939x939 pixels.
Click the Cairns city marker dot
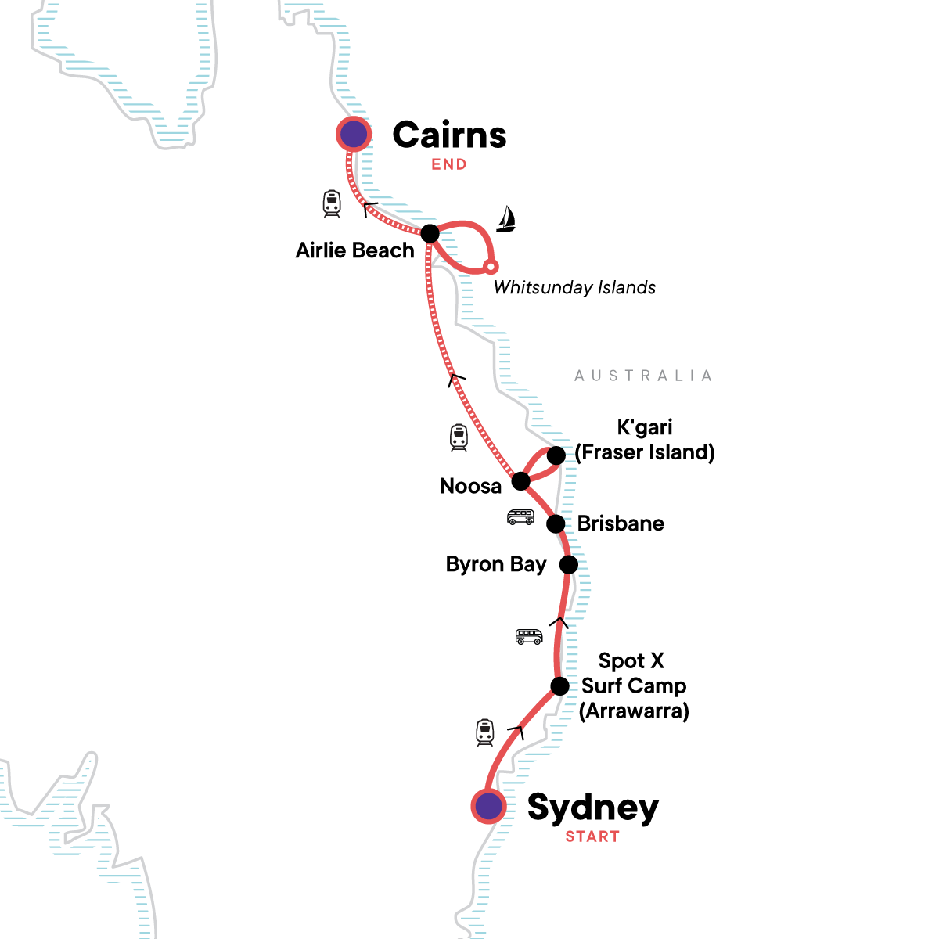click(x=354, y=135)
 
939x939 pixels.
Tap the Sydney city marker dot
click(x=489, y=805)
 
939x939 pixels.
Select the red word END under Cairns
click(x=449, y=164)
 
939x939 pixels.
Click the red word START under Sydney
click(x=592, y=836)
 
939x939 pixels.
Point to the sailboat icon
click(x=506, y=219)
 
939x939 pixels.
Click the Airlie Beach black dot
click(x=430, y=233)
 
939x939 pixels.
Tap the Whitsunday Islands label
click(x=574, y=287)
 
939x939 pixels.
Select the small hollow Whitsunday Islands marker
click(x=491, y=267)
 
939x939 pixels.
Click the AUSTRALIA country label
click(x=643, y=376)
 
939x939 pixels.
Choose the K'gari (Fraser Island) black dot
click(x=556, y=455)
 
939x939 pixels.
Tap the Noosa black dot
click(x=520, y=480)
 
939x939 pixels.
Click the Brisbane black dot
click(x=556, y=523)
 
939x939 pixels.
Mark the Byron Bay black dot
click(x=569, y=564)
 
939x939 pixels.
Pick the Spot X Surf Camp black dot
click(x=560, y=686)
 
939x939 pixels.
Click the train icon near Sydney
click(x=485, y=732)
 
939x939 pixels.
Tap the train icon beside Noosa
click(x=459, y=437)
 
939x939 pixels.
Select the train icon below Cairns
click(x=332, y=203)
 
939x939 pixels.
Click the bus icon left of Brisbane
click(x=520, y=517)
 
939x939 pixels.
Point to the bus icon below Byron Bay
click(x=529, y=637)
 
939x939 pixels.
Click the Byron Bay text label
click(x=496, y=564)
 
